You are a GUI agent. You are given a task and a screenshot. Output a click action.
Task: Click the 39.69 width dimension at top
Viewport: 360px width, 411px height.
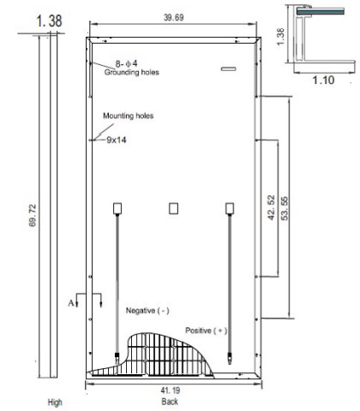click(171, 17)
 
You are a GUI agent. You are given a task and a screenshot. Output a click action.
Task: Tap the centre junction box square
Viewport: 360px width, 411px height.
click(174, 208)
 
